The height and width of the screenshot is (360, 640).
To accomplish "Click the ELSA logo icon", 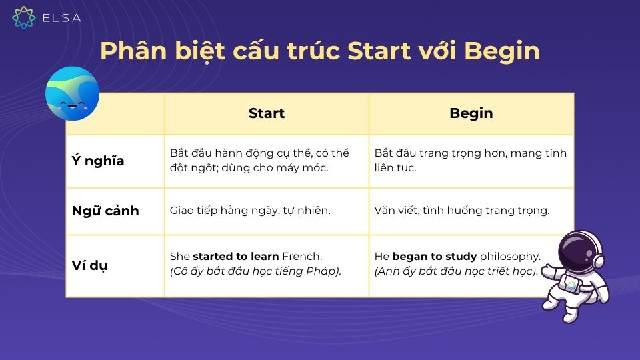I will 24,18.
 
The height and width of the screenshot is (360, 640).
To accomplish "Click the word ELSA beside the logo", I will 61,19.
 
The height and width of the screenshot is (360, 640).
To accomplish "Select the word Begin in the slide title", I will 501,51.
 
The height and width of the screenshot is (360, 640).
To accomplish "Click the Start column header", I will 266,113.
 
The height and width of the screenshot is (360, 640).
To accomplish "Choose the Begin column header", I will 471,113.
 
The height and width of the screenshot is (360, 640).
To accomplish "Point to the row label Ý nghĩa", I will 98,161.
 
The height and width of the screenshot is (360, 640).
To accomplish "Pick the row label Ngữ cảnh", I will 105,211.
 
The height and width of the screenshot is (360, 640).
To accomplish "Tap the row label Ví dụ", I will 90,265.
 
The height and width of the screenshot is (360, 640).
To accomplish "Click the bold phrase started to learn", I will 236,257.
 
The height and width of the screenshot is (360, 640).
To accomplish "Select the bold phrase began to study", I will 434,257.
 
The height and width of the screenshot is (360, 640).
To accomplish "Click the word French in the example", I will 301,257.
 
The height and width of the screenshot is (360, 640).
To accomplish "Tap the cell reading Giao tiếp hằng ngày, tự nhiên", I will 250,211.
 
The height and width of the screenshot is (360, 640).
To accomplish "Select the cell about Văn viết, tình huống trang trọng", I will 462,211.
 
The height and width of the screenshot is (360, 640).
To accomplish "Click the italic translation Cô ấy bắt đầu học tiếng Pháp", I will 255,272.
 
